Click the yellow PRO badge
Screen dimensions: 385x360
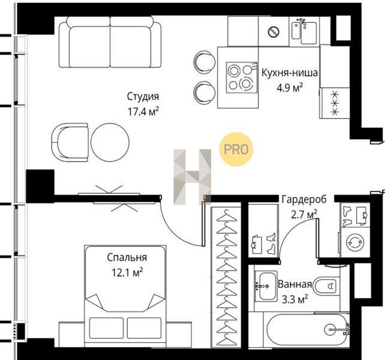236,149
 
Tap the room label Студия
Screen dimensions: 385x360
143,97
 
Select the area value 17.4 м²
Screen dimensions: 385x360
143,112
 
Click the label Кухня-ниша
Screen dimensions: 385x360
290,73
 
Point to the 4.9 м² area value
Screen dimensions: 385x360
290,88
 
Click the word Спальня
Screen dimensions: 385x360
127,257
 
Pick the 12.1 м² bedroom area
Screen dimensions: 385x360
127,272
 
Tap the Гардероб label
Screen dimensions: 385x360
304,199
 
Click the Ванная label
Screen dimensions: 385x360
294,284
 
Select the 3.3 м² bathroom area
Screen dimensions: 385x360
294,299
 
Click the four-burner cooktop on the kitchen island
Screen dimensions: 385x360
242,77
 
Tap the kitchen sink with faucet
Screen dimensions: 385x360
304,31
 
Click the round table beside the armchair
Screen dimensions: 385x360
110,142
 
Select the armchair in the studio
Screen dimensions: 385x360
70,142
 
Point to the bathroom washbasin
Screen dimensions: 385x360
266,286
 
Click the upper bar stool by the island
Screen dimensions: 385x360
204,62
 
